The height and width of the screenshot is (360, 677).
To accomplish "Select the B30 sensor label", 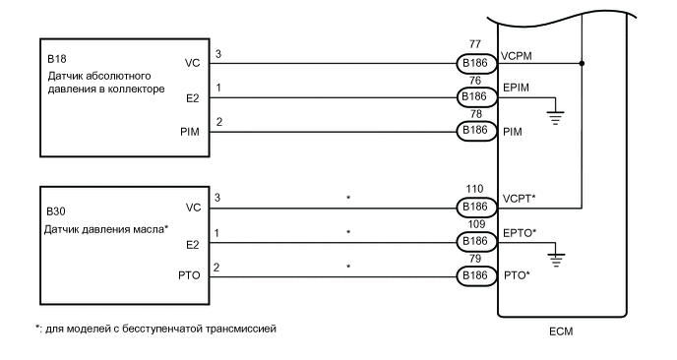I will click(x=55, y=211).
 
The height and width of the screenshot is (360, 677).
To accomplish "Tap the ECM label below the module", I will click(x=560, y=331).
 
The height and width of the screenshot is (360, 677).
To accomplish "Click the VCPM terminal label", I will click(x=519, y=57).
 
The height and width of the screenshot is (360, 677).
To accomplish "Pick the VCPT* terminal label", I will click(x=519, y=199).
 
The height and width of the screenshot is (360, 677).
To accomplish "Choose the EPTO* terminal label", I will click(x=519, y=232).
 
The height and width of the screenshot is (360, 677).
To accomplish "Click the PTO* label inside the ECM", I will click(x=516, y=274).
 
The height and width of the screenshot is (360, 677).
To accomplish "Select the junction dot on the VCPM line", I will click(x=583, y=65).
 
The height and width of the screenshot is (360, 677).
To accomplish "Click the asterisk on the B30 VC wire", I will click(x=347, y=199).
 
